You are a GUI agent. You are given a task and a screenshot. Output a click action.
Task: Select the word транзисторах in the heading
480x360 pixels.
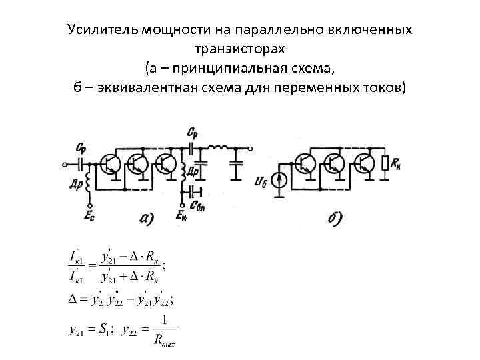(240, 49)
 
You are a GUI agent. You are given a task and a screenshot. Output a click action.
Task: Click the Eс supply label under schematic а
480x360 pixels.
(89, 215)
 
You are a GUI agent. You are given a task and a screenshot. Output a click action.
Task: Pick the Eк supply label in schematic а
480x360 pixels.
(181, 215)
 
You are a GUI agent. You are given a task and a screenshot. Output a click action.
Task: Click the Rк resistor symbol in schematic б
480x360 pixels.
(384, 164)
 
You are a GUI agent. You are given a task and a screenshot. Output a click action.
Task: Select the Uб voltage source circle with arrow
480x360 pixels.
(281, 179)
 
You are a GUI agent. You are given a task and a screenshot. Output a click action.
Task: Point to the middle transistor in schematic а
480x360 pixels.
(137, 164)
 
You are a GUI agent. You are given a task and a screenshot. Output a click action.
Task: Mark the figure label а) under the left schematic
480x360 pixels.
(146, 218)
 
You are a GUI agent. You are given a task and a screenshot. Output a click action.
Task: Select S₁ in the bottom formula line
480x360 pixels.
(105, 329)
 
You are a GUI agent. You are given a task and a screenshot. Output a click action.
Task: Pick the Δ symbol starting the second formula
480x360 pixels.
(73, 299)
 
